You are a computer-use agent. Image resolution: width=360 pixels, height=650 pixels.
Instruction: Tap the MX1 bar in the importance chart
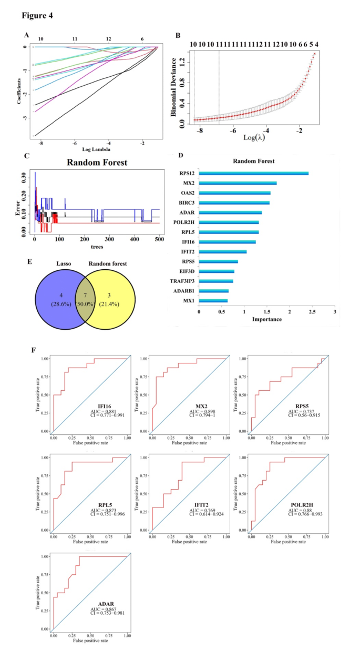click(213, 301)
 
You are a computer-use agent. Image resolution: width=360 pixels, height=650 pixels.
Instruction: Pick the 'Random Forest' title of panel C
click(97, 162)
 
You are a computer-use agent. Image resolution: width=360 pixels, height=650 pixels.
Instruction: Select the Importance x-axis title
click(266, 319)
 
